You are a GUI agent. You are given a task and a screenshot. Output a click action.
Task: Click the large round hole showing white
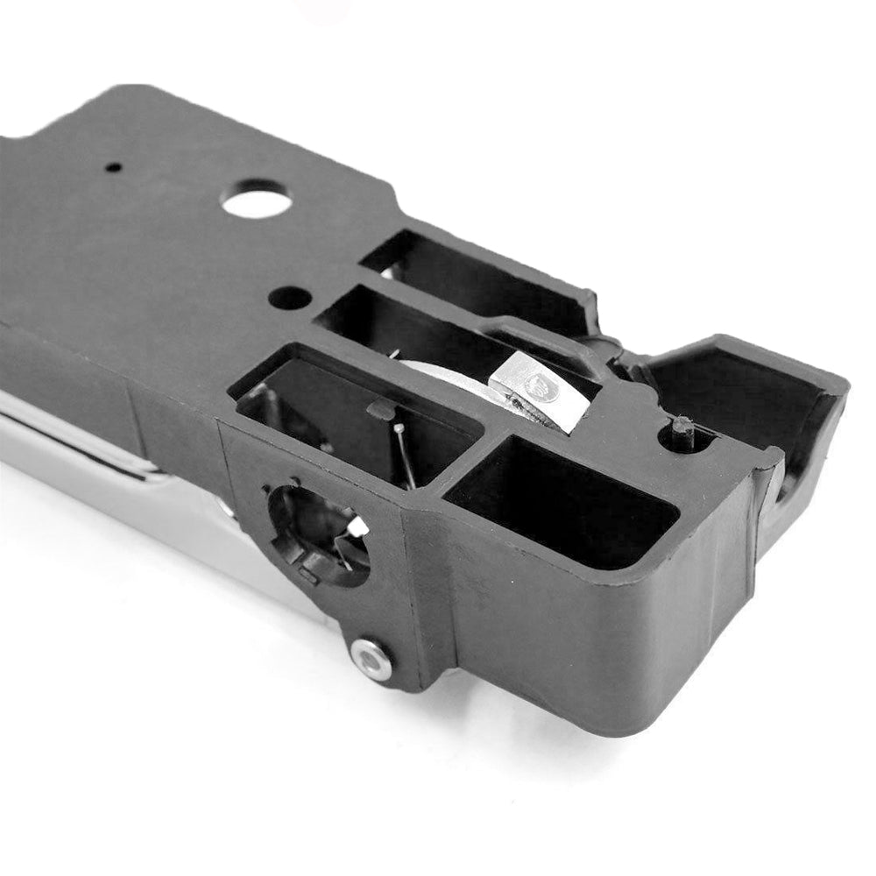coord(256,200)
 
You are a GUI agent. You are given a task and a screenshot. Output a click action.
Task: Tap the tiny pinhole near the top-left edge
coord(113,166)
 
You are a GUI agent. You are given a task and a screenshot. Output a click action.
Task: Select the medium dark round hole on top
coord(289,298)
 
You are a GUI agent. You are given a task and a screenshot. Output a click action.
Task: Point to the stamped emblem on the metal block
coord(538,382)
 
